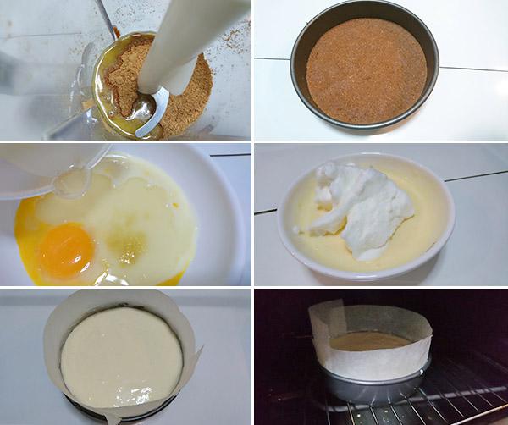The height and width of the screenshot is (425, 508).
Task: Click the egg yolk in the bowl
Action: point(65,250)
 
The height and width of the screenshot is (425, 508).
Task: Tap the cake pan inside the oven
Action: point(373,385)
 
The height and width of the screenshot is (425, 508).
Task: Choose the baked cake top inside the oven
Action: point(369,340)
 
